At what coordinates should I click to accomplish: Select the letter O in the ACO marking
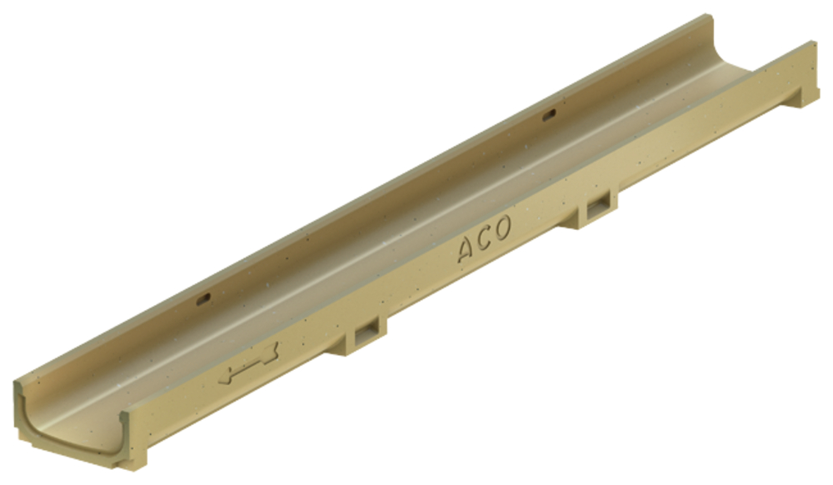pyautogui.click(x=501, y=227)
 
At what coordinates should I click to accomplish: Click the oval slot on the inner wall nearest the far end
pyautogui.click(x=549, y=113)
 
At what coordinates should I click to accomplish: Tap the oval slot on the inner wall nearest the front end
pyautogui.click(x=204, y=301)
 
